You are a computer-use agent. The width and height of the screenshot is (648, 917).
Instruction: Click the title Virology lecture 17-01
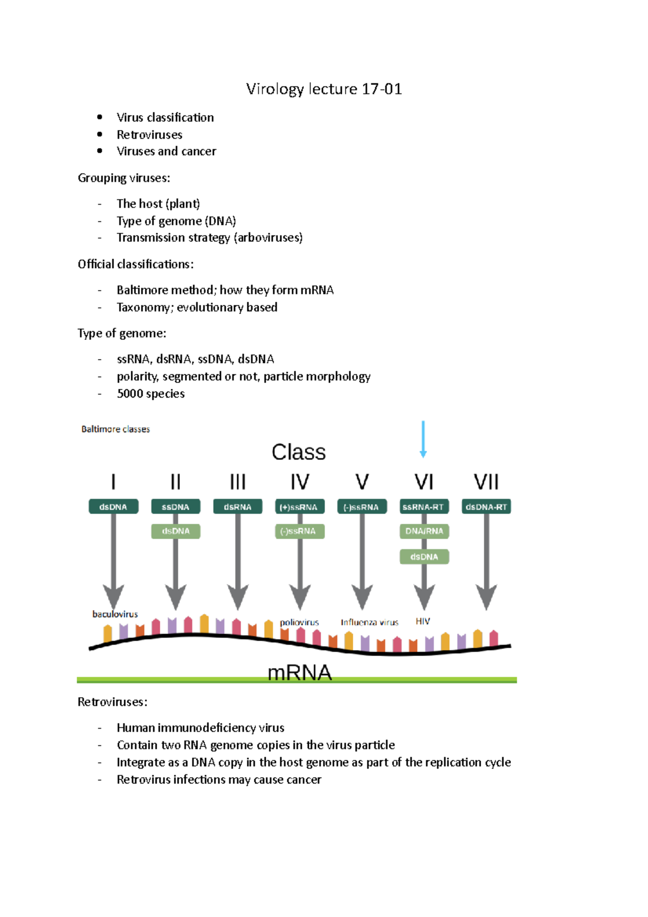click(x=324, y=89)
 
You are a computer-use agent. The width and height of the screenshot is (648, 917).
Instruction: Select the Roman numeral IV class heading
click(x=300, y=482)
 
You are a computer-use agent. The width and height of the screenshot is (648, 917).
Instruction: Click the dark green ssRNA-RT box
click(x=424, y=507)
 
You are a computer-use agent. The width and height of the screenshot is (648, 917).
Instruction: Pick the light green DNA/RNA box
click(x=424, y=531)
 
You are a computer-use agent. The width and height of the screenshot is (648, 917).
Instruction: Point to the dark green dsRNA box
click(x=238, y=507)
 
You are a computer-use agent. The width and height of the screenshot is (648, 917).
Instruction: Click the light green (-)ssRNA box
click(x=300, y=531)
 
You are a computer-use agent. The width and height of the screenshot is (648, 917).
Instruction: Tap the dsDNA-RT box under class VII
click(x=486, y=507)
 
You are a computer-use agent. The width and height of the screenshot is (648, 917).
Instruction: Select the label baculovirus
click(x=115, y=614)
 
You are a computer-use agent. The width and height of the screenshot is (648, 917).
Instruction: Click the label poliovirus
click(x=299, y=622)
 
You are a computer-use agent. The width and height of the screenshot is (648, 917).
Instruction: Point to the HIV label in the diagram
click(x=423, y=622)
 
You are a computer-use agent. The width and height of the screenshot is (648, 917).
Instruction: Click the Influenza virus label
click(x=369, y=622)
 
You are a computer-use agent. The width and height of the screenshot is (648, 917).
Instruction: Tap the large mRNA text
click(x=300, y=672)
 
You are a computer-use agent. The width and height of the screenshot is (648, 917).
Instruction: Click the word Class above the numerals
click(x=299, y=452)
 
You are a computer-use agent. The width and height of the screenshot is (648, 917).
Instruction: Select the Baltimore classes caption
click(x=116, y=429)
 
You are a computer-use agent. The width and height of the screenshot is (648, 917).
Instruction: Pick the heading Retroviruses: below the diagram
click(x=112, y=702)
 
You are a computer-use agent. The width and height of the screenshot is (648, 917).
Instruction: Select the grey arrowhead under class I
click(x=113, y=597)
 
